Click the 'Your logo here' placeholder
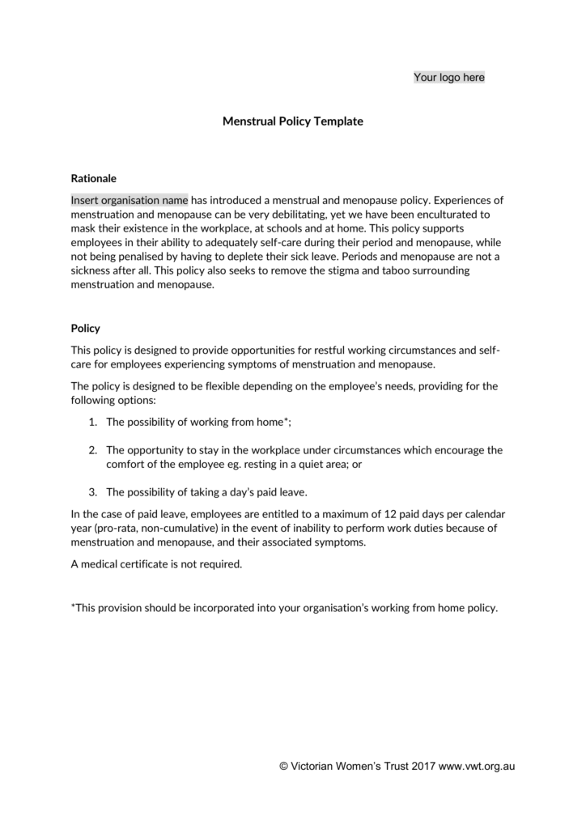(449, 77)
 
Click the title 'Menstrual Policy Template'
(293, 121)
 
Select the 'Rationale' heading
(94, 177)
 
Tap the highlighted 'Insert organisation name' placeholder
(130, 199)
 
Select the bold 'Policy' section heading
(86, 329)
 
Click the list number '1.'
(92, 422)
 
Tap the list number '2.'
(92, 450)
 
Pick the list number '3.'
(92, 492)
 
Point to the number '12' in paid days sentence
(406, 513)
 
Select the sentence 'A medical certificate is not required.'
(157, 564)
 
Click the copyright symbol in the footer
(284, 766)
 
